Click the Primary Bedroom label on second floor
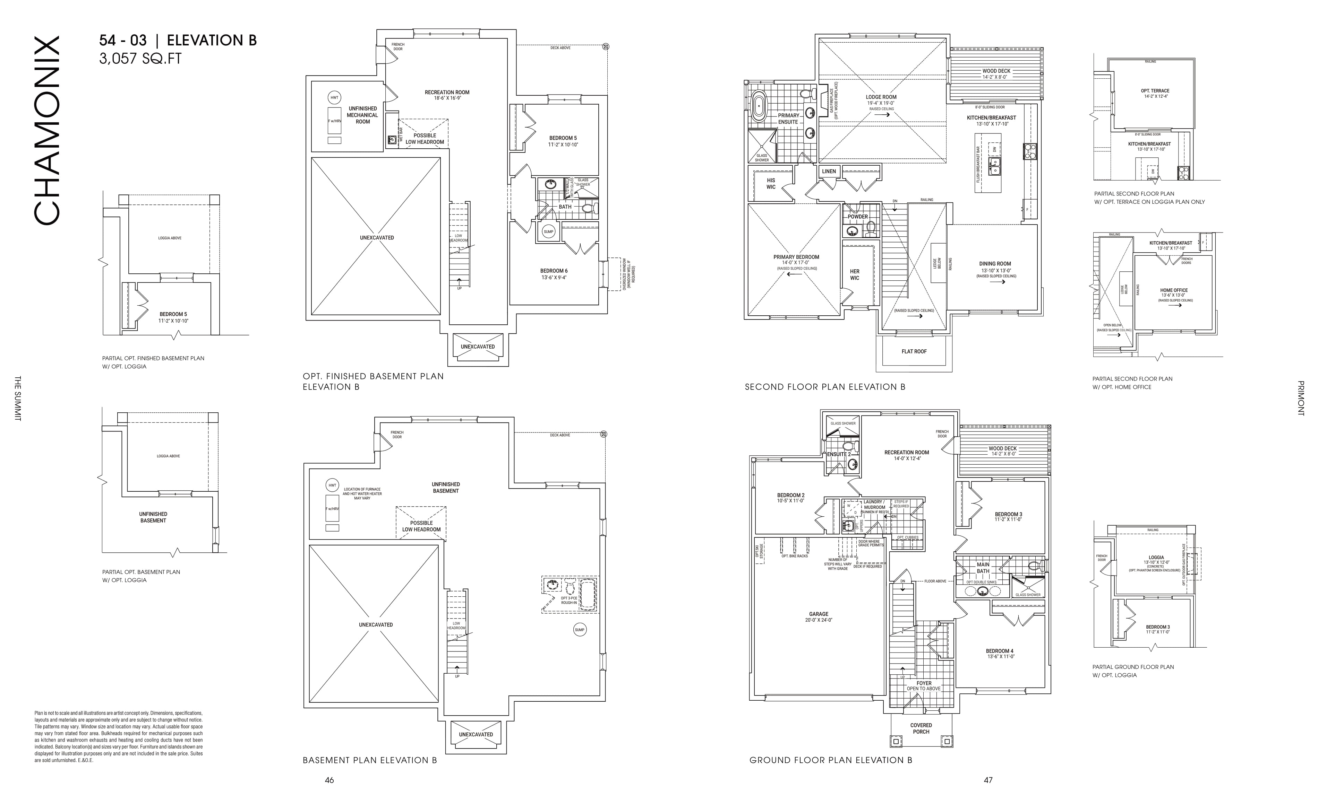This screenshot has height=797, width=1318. [x=796, y=257]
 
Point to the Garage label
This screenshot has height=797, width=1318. [x=819, y=614]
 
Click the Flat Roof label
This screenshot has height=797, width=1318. [x=914, y=351]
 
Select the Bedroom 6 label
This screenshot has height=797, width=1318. [x=554, y=271]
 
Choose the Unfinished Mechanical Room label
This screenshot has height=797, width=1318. [x=363, y=115]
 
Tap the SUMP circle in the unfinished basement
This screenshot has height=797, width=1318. [x=579, y=630]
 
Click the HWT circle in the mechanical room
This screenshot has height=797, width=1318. [x=334, y=98]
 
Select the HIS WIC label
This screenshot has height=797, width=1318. [x=771, y=183]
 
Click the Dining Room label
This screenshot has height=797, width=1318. [x=995, y=263]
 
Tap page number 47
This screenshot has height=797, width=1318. [x=988, y=780]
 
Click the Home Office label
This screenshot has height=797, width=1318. [x=1174, y=290]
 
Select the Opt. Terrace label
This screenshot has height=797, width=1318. [x=1155, y=91]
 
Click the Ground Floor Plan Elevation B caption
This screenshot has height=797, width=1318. [x=831, y=760]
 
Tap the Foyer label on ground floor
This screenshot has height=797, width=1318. [x=924, y=683]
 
